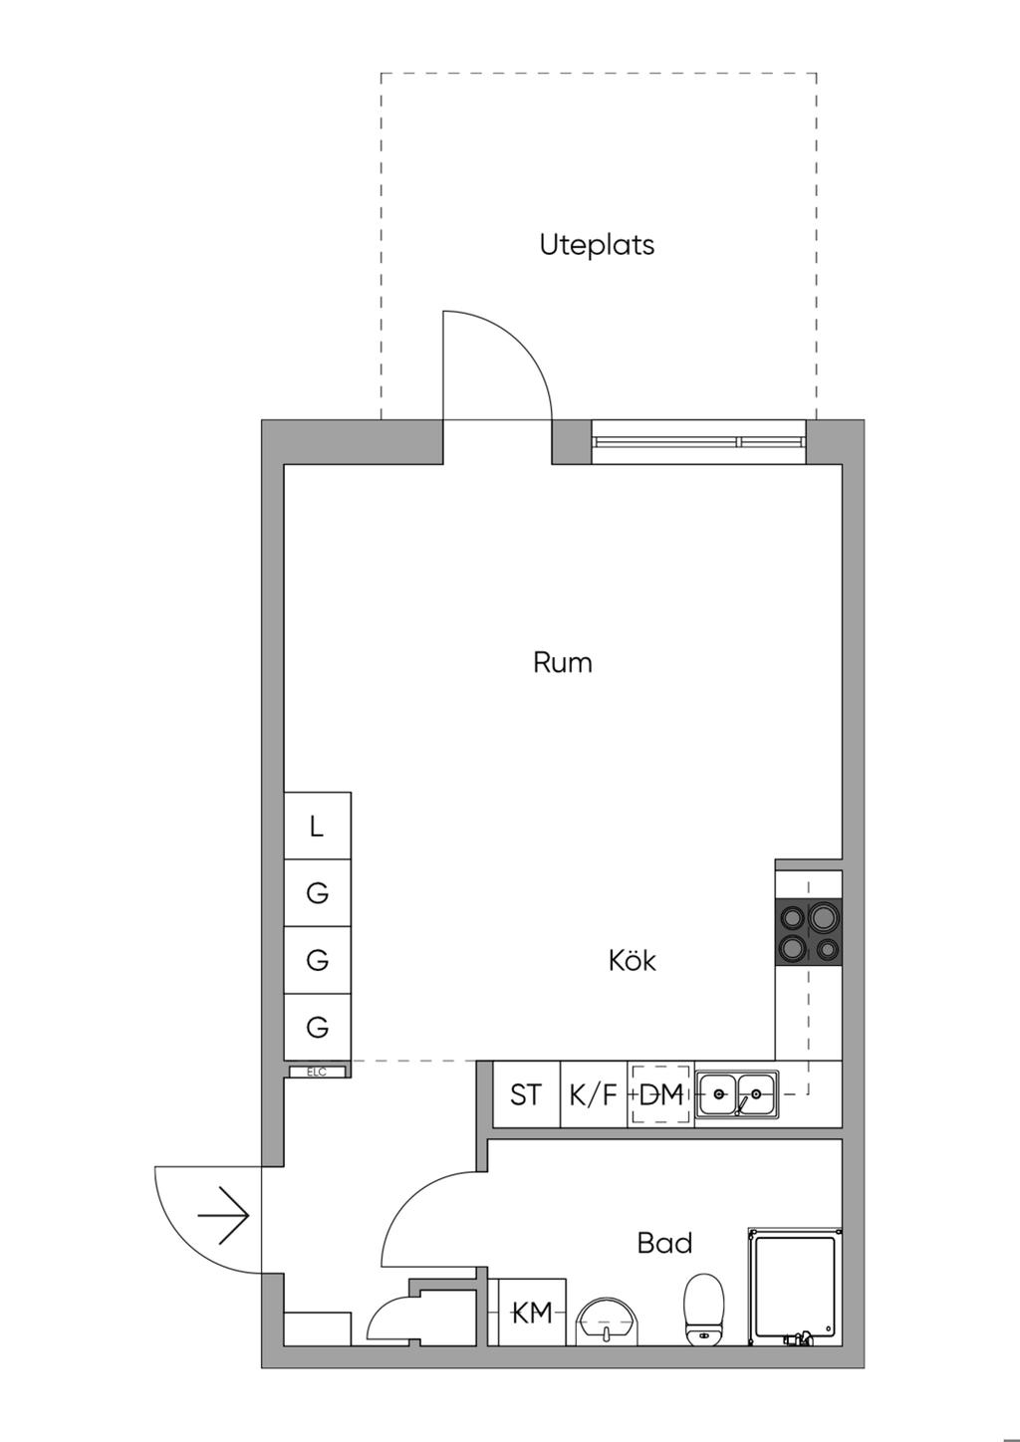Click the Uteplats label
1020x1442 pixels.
597,245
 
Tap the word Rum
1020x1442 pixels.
562,662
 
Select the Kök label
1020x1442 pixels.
633,960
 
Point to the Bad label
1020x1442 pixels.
664,1243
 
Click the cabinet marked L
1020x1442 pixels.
318,826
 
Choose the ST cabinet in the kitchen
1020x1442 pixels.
526,1094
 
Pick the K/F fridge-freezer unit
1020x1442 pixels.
594,1094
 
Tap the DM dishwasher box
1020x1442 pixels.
661,1094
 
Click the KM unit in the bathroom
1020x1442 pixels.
532,1314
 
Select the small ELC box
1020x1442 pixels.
317,1072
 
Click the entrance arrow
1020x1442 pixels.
223,1215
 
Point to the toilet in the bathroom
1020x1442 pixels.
704,1310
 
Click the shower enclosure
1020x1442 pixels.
795,1287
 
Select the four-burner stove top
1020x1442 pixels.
809,932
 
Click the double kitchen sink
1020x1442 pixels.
737,1093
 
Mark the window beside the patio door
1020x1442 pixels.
698,441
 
